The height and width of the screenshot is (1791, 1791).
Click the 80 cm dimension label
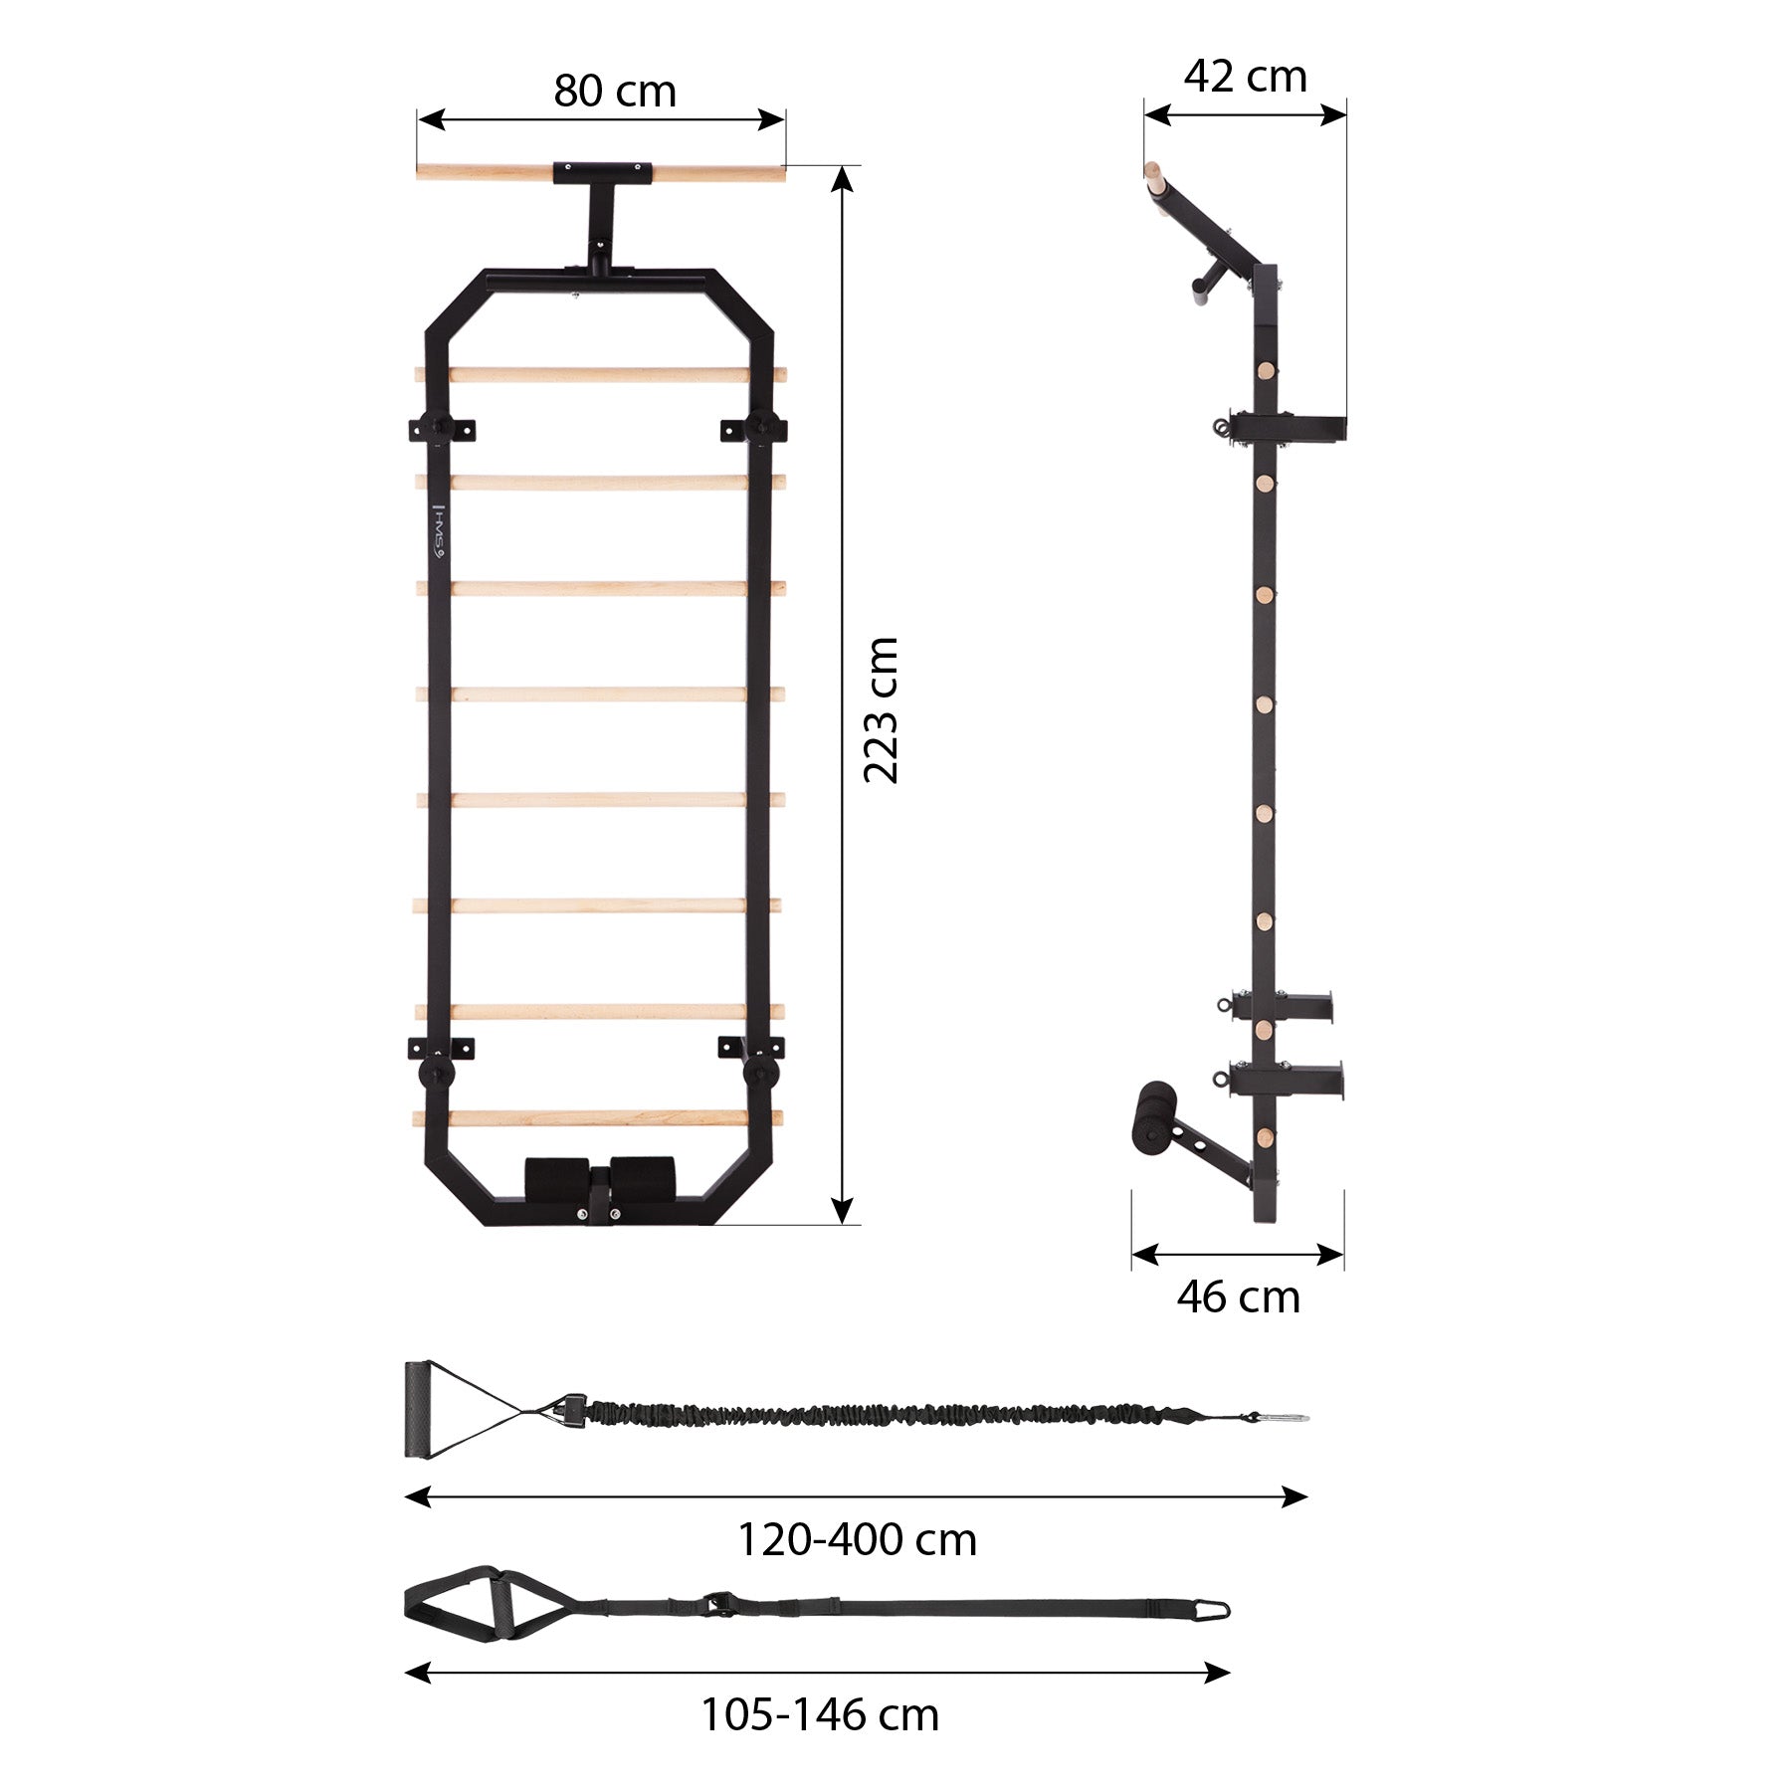click(x=614, y=92)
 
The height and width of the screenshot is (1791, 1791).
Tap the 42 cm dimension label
click(x=1244, y=77)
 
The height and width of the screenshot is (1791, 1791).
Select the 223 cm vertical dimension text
click(x=882, y=710)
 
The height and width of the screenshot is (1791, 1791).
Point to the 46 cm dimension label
click(x=1238, y=1296)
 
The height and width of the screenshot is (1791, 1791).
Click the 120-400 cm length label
click(x=856, y=1539)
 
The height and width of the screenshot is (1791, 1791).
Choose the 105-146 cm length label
click(x=820, y=1714)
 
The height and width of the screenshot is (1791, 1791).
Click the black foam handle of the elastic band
click(x=415, y=1410)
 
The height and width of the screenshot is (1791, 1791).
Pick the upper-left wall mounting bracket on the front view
click(x=441, y=428)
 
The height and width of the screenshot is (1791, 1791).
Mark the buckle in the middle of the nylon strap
click(x=714, y=1602)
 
